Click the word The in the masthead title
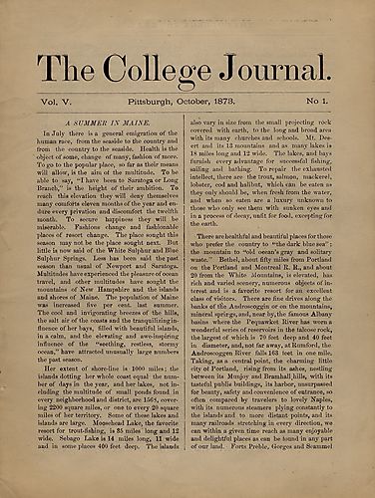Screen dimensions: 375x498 pos(73,67)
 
